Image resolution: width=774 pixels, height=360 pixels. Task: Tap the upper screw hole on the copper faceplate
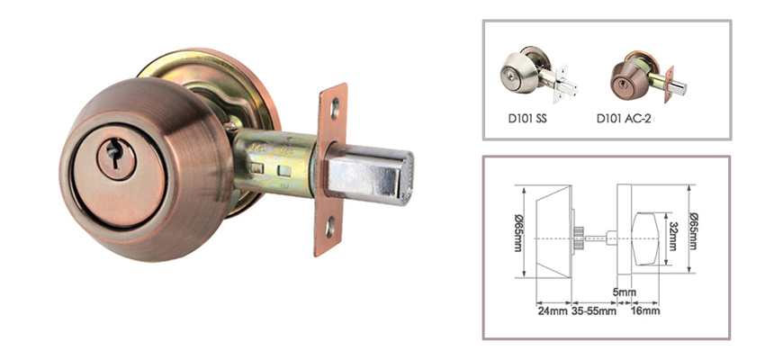coord(335,108)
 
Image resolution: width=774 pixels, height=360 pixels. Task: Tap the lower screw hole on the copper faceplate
coord(330,228)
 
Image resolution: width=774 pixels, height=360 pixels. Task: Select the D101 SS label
coord(526,119)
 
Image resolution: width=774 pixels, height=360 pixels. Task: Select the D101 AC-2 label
coord(625,119)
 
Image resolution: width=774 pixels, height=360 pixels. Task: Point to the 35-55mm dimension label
coord(594,311)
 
